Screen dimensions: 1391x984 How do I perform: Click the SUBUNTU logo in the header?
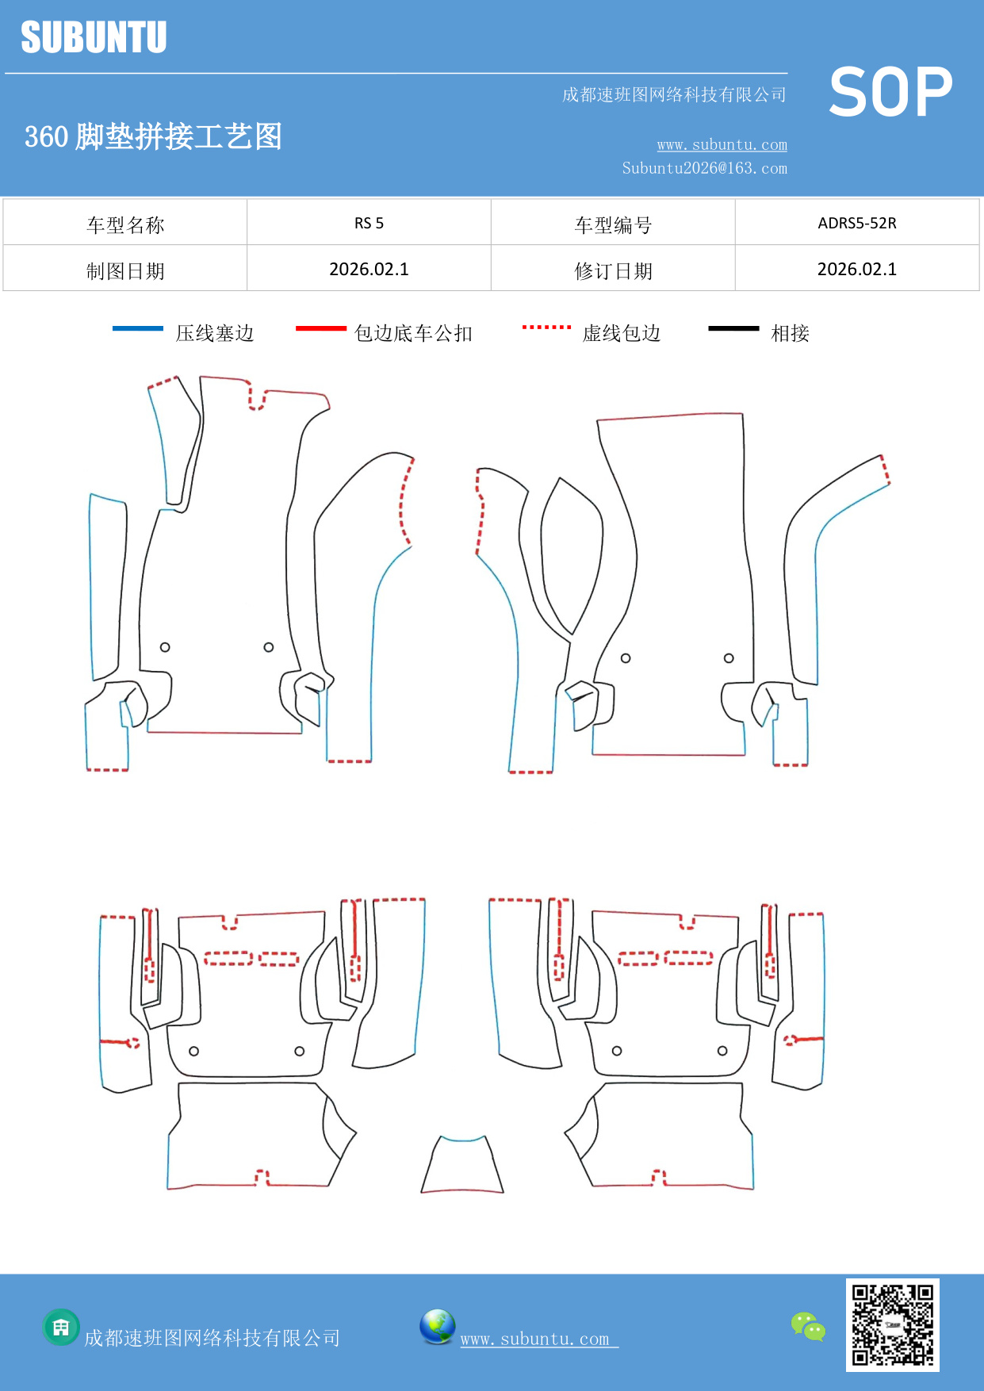94,37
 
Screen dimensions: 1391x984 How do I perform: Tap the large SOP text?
890,93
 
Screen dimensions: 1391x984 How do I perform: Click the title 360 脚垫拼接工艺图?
153,136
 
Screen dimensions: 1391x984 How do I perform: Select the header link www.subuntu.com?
722,144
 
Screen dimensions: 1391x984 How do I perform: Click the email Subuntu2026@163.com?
704,168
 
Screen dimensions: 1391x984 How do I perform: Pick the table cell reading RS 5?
369,223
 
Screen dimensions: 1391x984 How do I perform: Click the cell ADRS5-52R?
856,223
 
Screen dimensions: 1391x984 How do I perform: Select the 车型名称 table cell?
125,224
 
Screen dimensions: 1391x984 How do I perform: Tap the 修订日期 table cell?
613,270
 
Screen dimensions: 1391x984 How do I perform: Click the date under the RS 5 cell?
369,269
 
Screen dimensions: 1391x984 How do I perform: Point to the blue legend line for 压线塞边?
137,328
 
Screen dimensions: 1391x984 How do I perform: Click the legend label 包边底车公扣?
413,333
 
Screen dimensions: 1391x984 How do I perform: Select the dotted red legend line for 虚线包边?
546,327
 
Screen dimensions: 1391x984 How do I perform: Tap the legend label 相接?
790,333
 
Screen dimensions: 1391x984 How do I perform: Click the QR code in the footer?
892,1324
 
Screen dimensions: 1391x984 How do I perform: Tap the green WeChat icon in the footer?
808,1326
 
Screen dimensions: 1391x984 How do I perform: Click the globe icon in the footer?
437,1326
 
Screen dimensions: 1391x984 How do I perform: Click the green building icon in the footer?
61,1327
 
